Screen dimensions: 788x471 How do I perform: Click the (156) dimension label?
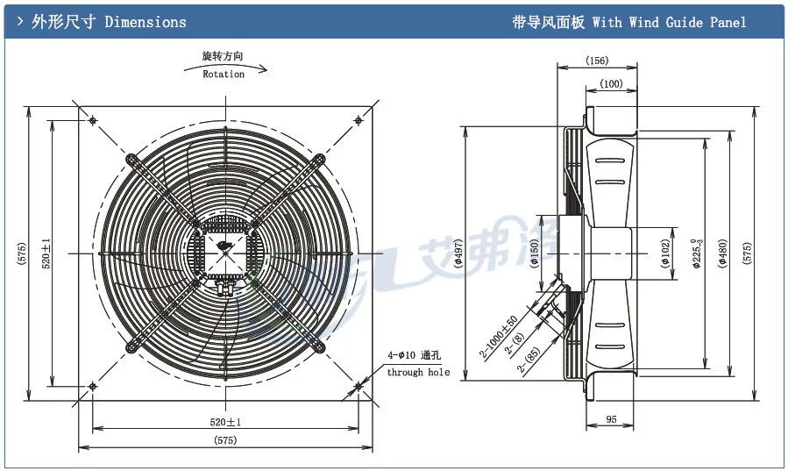click(x=596, y=61)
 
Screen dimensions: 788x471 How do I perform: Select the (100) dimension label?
click(x=611, y=83)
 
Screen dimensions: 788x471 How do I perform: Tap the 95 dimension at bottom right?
click(x=612, y=420)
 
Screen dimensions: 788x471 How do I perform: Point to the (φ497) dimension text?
click(x=457, y=253)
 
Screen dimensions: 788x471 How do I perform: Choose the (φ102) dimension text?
click(x=665, y=253)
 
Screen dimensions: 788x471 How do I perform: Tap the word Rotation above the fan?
click(x=224, y=75)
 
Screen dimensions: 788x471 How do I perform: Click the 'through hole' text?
click(x=418, y=372)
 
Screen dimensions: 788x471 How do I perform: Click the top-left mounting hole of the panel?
click(x=93, y=120)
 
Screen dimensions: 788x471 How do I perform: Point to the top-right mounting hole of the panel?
click(x=358, y=120)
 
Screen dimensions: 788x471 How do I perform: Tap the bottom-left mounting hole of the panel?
click(x=93, y=385)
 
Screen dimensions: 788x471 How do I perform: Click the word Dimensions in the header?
click(x=146, y=22)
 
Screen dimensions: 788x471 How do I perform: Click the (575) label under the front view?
click(x=224, y=439)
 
